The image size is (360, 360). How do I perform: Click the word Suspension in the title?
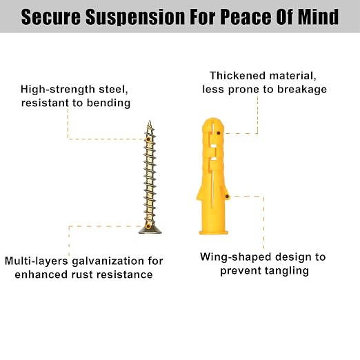(135, 17)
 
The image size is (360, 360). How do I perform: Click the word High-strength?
(58, 90)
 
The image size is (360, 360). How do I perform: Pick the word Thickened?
(237, 76)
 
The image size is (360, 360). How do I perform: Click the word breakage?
(302, 90)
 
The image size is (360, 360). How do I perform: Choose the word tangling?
(287, 271)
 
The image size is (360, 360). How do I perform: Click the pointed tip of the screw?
(150, 121)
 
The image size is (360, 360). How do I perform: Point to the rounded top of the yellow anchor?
(213, 123)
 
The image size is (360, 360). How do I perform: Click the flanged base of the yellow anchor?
(214, 232)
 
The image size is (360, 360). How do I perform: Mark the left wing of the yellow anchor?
(199, 193)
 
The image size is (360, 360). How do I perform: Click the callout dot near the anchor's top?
(219, 133)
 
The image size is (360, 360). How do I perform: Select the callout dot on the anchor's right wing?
(227, 197)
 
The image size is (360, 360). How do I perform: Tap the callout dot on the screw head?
(148, 227)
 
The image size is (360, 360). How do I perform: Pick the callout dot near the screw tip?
(148, 139)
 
